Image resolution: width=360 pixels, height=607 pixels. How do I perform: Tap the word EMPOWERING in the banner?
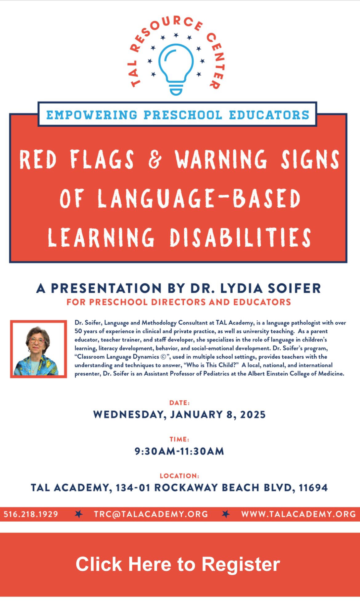pos(92,115)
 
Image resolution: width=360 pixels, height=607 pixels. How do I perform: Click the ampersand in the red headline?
pos(155,159)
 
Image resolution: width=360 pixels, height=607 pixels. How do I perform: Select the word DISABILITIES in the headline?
pos(241,237)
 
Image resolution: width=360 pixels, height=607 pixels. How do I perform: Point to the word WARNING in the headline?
pos(221,159)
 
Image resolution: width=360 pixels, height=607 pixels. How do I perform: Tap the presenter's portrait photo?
pos(38,349)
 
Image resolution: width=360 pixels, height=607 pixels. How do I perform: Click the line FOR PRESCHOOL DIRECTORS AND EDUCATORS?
pos(179,302)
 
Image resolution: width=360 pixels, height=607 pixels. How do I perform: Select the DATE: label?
pos(179,403)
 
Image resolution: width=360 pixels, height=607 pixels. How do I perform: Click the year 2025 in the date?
pos(253,415)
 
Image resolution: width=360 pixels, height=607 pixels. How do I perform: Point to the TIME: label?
pos(179,439)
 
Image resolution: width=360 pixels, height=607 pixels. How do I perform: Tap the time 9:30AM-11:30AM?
pos(179,451)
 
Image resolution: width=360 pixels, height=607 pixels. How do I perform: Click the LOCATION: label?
pos(179,476)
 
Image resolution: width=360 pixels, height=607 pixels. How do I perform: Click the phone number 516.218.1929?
pos(31,514)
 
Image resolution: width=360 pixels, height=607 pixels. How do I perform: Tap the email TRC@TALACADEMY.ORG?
pos(151,514)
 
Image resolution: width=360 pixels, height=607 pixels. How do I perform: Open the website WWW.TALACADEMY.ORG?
pos(298,514)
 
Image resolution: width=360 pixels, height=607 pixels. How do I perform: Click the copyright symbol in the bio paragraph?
pos(163,357)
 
